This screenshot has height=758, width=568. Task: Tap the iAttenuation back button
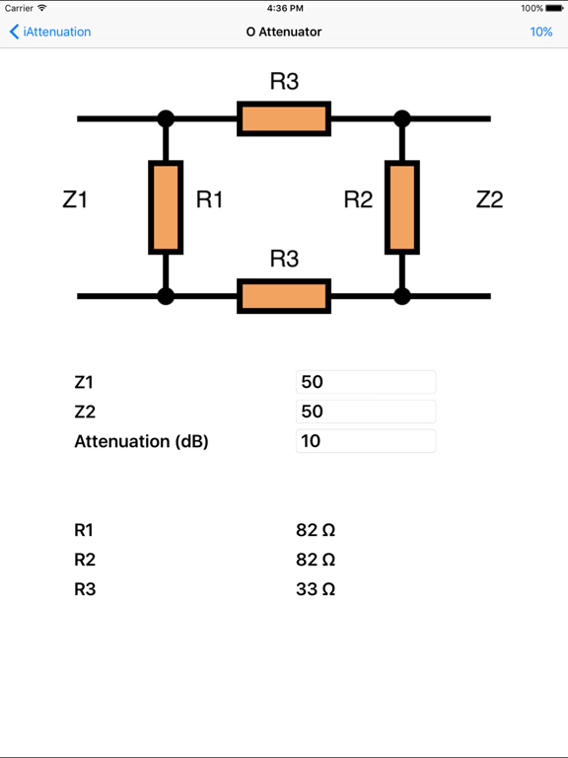click(x=50, y=32)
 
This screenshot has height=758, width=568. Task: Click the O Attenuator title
click(x=284, y=32)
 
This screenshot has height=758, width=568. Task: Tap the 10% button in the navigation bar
click(x=540, y=32)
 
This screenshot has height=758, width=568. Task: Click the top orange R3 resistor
click(x=284, y=118)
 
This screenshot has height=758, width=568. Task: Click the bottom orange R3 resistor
click(x=284, y=296)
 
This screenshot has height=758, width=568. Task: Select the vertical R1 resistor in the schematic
click(x=166, y=207)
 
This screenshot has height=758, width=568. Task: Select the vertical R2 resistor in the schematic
click(x=401, y=207)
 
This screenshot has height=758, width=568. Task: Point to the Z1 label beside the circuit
click(x=75, y=199)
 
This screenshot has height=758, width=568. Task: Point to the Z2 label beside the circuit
click(x=489, y=199)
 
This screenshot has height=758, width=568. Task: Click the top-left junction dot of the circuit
click(x=166, y=118)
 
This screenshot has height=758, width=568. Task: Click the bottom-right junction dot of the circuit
click(x=401, y=296)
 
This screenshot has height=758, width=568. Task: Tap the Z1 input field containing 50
click(x=365, y=382)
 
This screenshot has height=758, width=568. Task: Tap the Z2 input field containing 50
click(x=365, y=412)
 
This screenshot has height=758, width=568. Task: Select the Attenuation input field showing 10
click(x=365, y=441)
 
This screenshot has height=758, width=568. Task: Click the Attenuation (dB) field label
click(x=141, y=441)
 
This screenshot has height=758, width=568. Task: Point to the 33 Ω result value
click(x=316, y=589)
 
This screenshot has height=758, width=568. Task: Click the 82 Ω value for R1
click(x=316, y=530)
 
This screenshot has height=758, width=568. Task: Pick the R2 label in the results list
click(x=85, y=560)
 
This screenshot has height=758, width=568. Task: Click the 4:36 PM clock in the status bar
click(x=284, y=8)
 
